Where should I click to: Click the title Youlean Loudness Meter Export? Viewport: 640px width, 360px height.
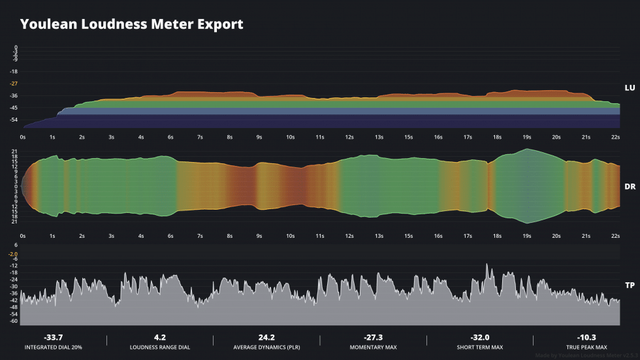[x=131, y=24]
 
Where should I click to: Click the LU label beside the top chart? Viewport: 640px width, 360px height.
[x=630, y=88]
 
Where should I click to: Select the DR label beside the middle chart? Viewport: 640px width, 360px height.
[x=630, y=186]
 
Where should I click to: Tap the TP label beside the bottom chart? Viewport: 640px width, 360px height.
[x=630, y=286]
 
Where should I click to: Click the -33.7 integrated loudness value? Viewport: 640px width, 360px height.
[x=53, y=337]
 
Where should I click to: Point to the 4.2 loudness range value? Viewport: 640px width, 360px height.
[x=160, y=337]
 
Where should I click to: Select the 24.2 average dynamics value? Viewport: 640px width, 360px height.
[x=266, y=337]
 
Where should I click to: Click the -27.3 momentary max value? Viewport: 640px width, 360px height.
[x=373, y=337]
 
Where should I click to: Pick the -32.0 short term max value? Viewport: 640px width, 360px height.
[x=480, y=337]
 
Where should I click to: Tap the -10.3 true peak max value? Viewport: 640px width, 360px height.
[x=586, y=337]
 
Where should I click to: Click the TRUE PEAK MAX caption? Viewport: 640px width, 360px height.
[x=586, y=347]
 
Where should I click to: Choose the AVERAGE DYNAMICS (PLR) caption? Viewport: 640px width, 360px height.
[x=266, y=347]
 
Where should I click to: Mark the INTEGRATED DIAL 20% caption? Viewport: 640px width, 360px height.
[x=53, y=347]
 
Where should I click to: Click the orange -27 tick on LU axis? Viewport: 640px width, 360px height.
[x=14, y=84]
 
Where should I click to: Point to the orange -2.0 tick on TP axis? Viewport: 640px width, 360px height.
[x=13, y=254]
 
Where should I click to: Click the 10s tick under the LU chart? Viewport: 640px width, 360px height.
[x=290, y=137]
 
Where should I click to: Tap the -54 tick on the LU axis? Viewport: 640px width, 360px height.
[x=14, y=120]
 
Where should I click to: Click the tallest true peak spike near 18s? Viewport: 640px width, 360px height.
[x=487, y=265]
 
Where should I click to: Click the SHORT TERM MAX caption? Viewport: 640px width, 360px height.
[x=480, y=347]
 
